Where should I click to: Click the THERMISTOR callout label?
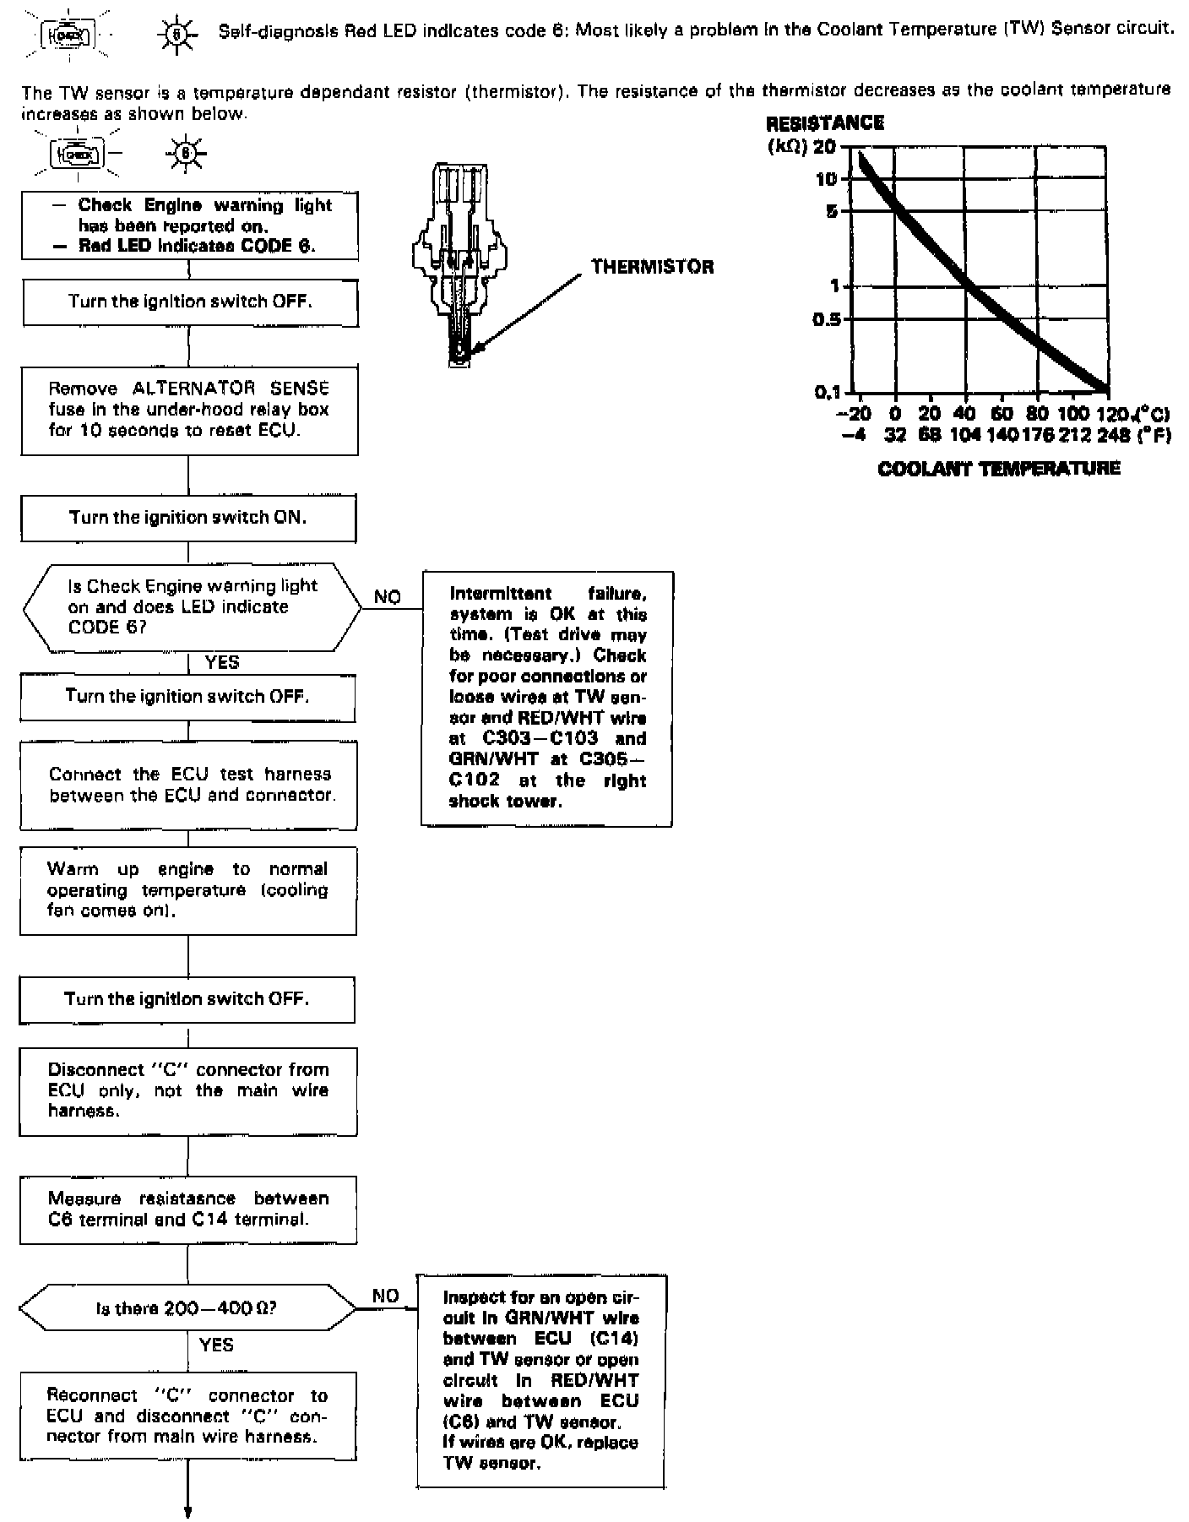click(652, 267)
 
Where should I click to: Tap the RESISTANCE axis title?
click(824, 123)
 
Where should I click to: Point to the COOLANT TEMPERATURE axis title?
click(999, 469)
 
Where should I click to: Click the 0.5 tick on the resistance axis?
click(827, 319)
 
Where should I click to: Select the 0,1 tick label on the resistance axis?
click(828, 392)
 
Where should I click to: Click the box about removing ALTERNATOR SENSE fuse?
click(189, 410)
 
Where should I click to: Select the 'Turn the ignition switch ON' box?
click(188, 518)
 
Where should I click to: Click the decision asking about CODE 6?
click(192, 607)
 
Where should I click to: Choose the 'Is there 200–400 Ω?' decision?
click(187, 1308)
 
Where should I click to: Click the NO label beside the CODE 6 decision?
click(388, 597)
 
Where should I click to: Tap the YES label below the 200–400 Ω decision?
click(216, 1345)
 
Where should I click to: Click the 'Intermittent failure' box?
click(547, 698)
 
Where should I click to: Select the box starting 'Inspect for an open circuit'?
click(540, 1381)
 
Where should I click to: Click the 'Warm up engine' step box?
click(188, 890)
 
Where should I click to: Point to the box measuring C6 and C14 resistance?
click(188, 1209)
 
